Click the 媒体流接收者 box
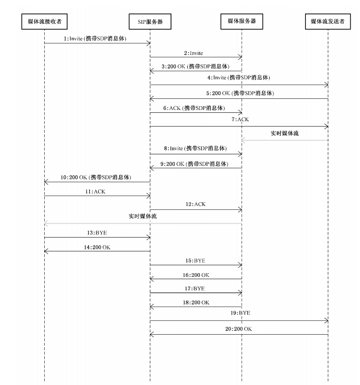tap(44, 21)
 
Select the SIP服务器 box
tap(150, 21)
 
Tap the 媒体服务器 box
tap(242, 21)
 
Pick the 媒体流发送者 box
tap(328, 21)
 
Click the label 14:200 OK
tap(97, 246)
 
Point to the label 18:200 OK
tap(196, 302)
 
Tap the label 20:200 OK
tap(240, 329)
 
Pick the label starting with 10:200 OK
tap(95, 178)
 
